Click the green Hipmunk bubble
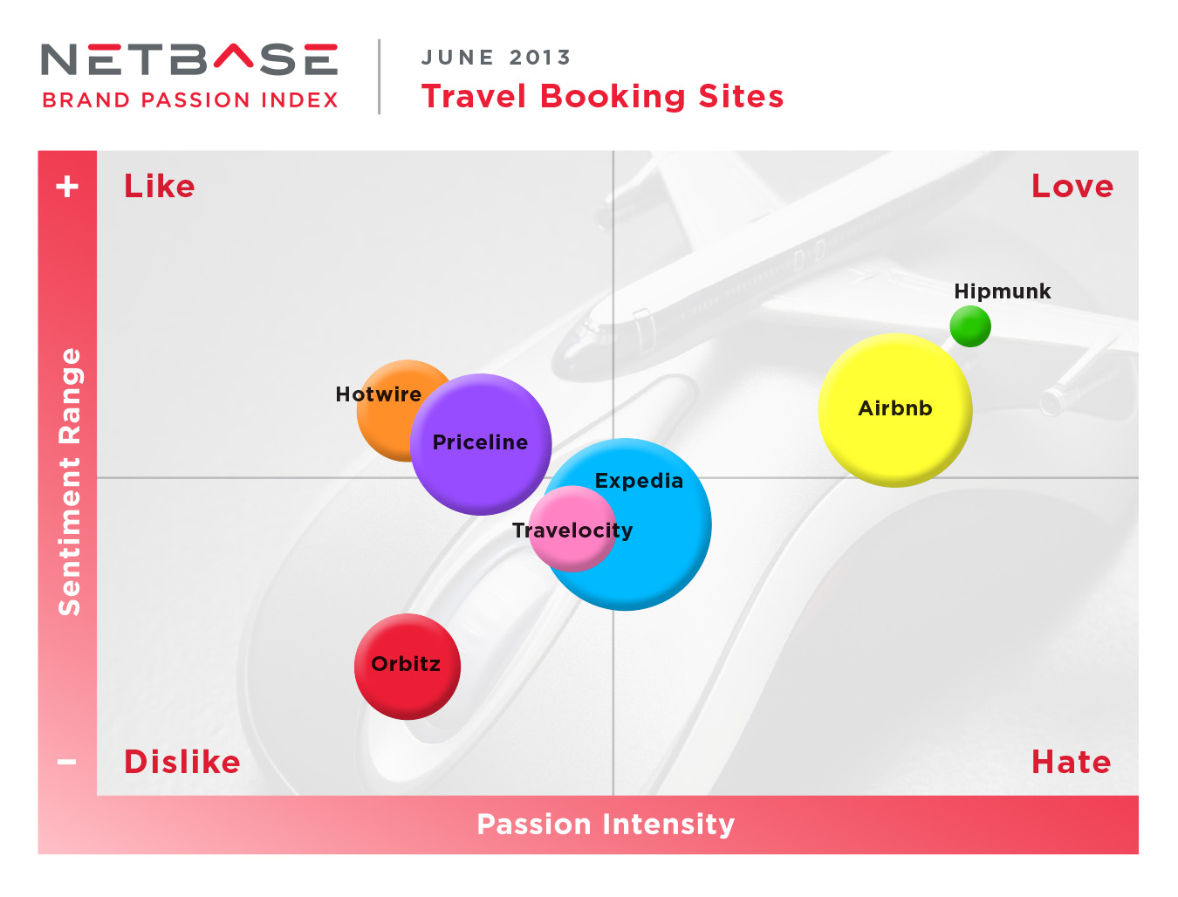[969, 326]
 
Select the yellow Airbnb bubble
[894, 410]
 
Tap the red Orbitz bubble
[407, 667]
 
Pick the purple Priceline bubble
[480, 444]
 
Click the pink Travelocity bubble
[572, 529]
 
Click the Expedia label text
[639, 481]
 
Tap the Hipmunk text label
[1002, 291]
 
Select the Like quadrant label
[160, 186]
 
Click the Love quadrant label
[1072, 186]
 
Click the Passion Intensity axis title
[606, 824]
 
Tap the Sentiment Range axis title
[69, 482]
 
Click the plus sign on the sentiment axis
[67, 186]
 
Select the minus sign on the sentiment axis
[67, 762]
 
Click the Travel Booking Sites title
[602, 97]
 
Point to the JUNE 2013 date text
[496, 57]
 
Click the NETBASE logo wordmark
[188, 58]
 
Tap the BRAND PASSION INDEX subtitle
[190, 99]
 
